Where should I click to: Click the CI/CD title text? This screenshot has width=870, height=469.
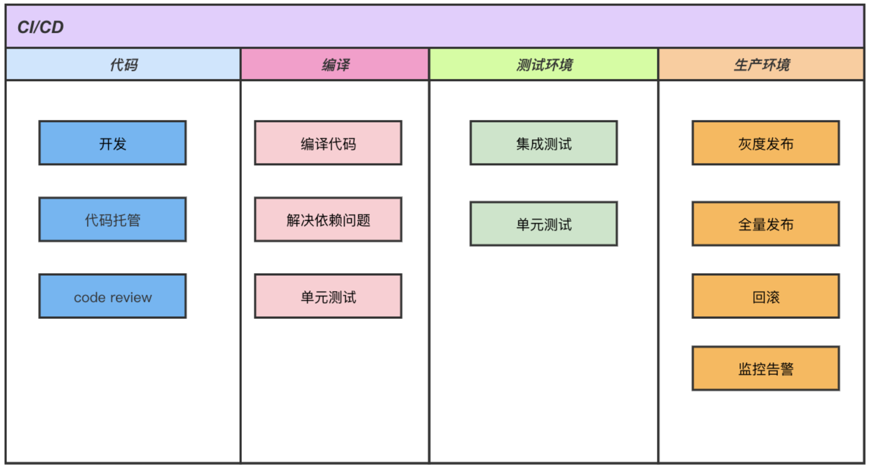point(40,27)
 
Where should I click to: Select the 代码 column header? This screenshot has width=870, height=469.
point(123,65)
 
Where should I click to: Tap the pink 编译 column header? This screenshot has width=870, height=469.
point(335,65)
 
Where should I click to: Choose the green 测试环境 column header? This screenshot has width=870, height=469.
point(544,65)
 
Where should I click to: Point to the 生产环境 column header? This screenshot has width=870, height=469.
point(761,65)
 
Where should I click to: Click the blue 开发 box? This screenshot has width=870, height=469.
point(112,143)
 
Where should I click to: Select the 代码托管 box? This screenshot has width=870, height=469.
point(112,220)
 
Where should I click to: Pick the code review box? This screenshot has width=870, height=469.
point(112,296)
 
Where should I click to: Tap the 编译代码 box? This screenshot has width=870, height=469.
point(328,143)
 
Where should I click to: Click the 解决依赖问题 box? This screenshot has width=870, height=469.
point(328,220)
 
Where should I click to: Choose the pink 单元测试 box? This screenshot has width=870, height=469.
point(328,296)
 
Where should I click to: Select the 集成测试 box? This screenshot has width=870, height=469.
point(544,143)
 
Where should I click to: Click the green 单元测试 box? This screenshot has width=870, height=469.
point(544,224)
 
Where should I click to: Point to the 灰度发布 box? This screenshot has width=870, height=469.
point(766,143)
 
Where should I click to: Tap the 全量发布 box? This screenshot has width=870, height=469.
point(766,224)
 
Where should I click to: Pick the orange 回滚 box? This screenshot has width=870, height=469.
point(766,296)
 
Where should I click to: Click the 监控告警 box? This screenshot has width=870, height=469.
point(766,368)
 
